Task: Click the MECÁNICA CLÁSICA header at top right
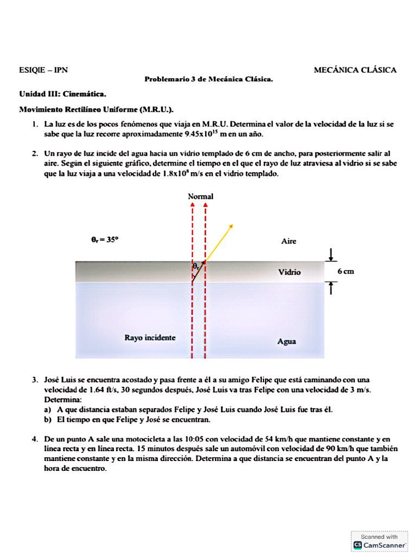pyautogui.click(x=355, y=70)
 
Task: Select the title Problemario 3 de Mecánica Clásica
pyautogui.click(x=208, y=80)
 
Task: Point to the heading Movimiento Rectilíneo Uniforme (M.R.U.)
pyautogui.click(x=96, y=109)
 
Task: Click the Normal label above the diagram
pyautogui.click(x=200, y=196)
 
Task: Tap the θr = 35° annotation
pyautogui.click(x=104, y=239)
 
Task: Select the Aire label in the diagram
pyautogui.click(x=288, y=241)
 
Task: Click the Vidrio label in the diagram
pyautogui.click(x=289, y=272)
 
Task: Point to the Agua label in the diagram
pyautogui.click(x=287, y=342)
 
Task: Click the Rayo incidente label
pyautogui.click(x=150, y=338)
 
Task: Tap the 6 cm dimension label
pyautogui.click(x=345, y=271)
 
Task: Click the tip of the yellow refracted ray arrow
pyautogui.click(x=233, y=225)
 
